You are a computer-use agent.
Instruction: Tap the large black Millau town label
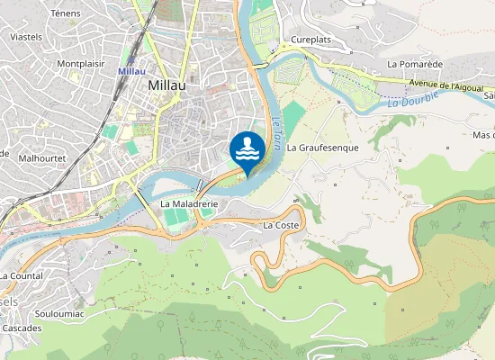pos(166,84)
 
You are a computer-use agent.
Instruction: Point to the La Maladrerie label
pos(190,204)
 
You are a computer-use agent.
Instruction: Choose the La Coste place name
pos(280,225)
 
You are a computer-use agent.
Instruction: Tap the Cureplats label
pos(311,40)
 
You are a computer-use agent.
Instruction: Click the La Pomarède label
pos(415,65)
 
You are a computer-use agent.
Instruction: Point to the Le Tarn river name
pos(277,127)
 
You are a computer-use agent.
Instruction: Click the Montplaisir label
pos(81,64)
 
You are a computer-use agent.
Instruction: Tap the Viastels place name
pos(25,38)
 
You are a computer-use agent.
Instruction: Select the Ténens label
pos(66,13)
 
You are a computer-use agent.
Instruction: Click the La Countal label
pos(22,275)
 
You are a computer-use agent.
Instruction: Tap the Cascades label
pos(21,328)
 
